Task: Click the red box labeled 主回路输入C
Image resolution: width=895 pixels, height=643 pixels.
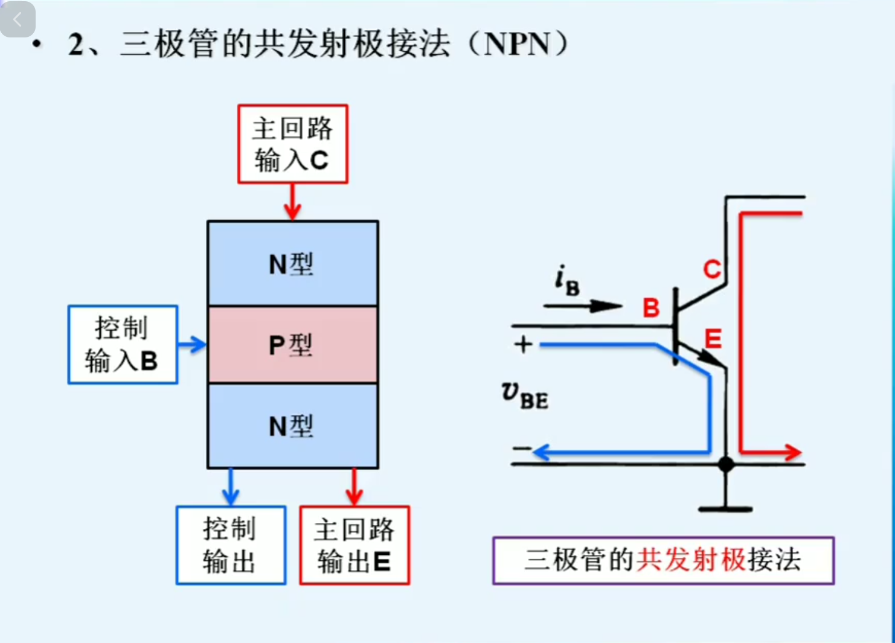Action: coord(293,144)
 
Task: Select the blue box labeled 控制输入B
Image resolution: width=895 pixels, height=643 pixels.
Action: coord(123,345)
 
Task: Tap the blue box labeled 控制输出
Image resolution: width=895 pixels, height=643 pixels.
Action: coord(231,545)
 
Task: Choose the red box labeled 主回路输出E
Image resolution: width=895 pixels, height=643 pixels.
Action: coord(354,545)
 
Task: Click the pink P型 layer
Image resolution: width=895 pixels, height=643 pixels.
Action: coord(293,345)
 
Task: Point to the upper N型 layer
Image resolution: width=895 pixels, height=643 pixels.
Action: coord(293,264)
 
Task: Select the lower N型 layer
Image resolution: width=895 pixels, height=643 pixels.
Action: coord(293,426)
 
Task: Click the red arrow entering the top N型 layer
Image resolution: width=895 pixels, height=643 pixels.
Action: coord(293,202)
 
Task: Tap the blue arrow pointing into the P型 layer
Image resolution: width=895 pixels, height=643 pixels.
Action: coord(193,345)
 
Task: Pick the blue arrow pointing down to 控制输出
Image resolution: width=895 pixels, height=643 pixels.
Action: coord(231,487)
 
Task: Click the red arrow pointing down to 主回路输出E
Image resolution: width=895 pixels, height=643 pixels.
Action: coord(354,487)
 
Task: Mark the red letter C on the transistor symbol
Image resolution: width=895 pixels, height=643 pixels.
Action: coord(712,269)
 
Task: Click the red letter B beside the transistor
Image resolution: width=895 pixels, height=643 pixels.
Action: coord(651,308)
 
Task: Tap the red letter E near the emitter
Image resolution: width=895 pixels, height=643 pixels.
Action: coord(713,339)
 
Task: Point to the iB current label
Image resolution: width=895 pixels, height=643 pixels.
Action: coord(567,281)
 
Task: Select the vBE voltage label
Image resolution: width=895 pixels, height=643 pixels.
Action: coord(524,395)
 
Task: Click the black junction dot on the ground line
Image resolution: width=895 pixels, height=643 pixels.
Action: coord(726,464)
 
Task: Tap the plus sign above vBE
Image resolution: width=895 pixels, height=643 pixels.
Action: coord(523,345)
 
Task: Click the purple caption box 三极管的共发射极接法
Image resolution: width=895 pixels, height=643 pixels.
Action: coord(663,560)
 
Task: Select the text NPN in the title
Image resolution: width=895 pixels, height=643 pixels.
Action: coord(518,44)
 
